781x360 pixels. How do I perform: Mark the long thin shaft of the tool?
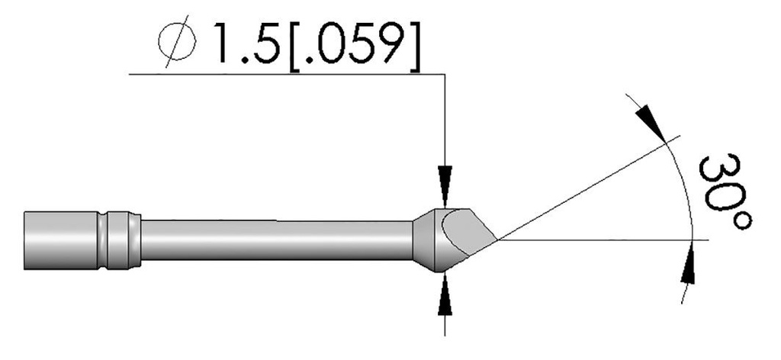pos(275,240)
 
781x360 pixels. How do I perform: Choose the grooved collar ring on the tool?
pos(122,239)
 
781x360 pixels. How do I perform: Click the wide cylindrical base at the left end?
pos(57,239)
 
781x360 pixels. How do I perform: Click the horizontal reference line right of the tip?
pos(610,240)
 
